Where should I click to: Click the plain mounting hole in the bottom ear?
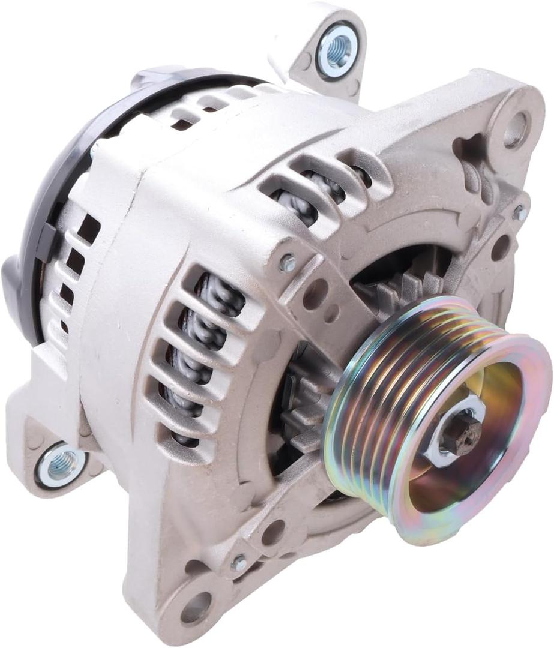tap(196, 607)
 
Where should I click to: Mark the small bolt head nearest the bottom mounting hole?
tap(238, 563)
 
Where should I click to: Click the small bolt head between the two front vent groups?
tap(287, 262)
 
